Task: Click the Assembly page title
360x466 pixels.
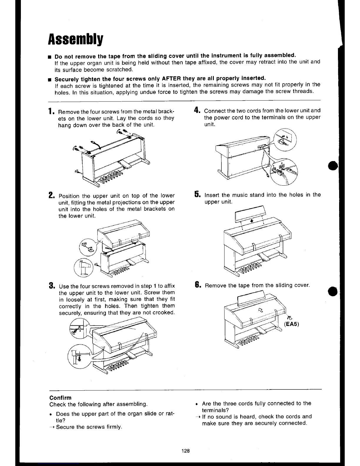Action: pos(76,38)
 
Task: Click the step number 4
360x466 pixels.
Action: pos(197,111)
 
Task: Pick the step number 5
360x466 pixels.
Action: pos(197,194)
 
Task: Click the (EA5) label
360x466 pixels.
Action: pos(291,324)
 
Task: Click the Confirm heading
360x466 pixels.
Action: pos(60,397)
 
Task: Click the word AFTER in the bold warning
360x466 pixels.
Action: pos(171,78)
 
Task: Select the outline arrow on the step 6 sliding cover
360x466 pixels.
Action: pos(260,309)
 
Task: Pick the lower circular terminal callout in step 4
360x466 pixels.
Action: pos(284,171)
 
